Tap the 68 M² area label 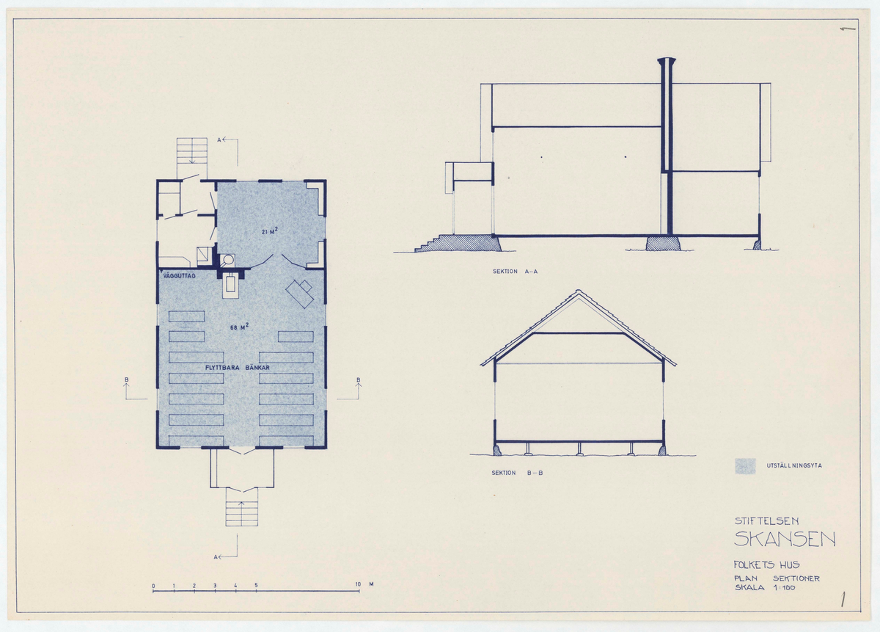click(x=239, y=327)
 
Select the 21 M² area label click(x=270, y=231)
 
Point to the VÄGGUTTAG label click(x=180, y=276)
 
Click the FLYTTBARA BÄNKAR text click(x=238, y=367)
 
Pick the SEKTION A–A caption click(x=515, y=272)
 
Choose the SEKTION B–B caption click(x=517, y=473)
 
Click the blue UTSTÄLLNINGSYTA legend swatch click(x=745, y=466)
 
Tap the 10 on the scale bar click(x=358, y=584)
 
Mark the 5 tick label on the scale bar click(x=256, y=585)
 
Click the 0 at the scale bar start click(x=153, y=586)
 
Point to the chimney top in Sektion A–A click(x=667, y=61)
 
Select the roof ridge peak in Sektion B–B click(x=578, y=291)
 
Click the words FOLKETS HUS click(x=766, y=565)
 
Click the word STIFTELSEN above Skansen click(x=766, y=521)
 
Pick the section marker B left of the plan click(x=126, y=380)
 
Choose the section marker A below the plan click(x=216, y=557)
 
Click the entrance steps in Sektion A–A click(x=432, y=243)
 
